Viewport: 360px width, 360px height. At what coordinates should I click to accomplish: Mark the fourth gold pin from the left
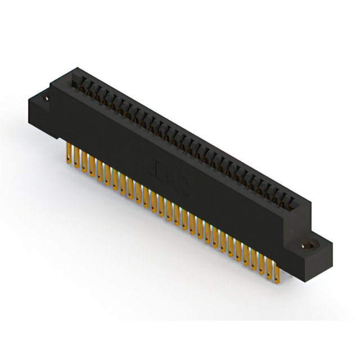91,165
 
